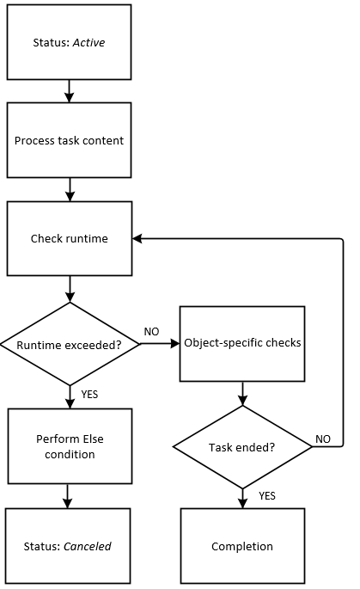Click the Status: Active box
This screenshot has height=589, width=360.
(70, 42)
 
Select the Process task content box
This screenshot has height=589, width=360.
(70, 140)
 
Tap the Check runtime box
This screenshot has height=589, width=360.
(70, 238)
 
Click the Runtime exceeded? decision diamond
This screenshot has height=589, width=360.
(70, 344)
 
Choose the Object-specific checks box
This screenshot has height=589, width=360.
(242, 343)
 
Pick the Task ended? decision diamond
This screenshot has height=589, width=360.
(242, 447)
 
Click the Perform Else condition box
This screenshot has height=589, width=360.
(70, 446)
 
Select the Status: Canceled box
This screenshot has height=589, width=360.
(70, 546)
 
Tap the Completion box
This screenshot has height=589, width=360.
(242, 546)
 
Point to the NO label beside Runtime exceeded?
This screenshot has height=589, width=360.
(151, 332)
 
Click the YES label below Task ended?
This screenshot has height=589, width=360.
(266, 495)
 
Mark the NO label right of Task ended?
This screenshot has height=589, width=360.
(323, 439)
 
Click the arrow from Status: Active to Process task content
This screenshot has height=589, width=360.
(70, 90)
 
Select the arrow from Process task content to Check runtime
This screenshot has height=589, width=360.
(70, 189)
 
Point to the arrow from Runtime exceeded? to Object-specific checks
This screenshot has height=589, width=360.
(159, 344)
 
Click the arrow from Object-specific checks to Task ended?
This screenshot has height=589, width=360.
(242, 393)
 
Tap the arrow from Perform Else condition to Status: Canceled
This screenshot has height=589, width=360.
(70, 496)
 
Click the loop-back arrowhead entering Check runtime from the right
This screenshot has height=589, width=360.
(137, 238)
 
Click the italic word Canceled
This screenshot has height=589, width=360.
(88, 546)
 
